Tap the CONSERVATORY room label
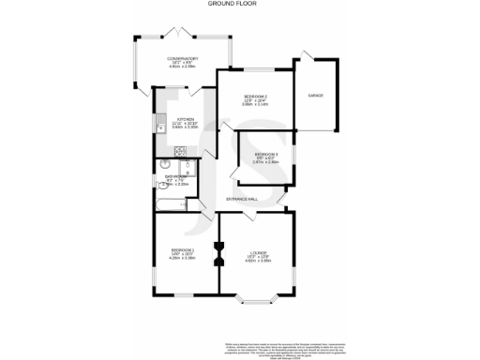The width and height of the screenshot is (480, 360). coord(184,58)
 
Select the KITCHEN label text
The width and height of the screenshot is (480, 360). coord(185,120)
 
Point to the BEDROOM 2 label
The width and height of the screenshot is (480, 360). coord(256,96)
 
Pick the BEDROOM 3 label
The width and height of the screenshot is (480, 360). coord(266,154)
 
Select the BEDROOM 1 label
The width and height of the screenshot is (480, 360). coord(183,249)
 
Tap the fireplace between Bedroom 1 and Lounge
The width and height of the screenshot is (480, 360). coord(218,252)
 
